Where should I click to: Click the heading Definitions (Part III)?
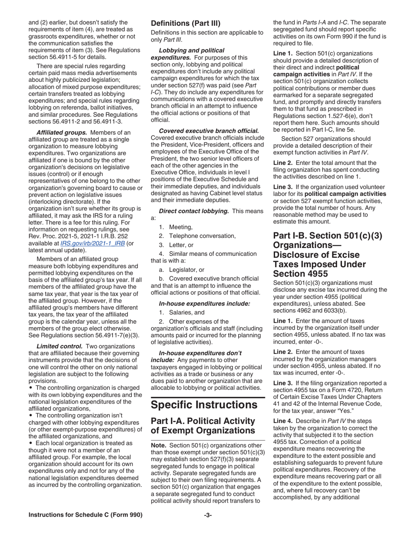tap(186, 23)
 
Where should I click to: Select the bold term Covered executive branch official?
tap(209, 131)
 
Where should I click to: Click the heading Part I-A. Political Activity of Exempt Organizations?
tap(202, 426)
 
